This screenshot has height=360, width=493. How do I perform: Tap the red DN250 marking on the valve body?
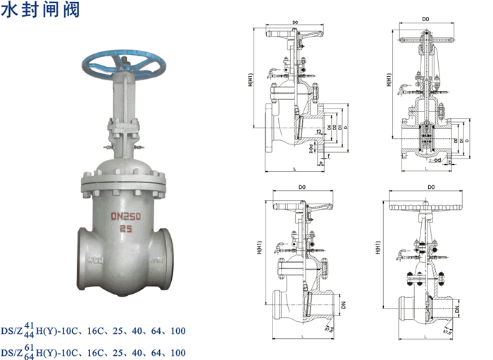click(x=129, y=217)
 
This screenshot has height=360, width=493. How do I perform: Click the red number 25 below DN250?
click(x=127, y=230)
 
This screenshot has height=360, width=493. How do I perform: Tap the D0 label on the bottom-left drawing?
click(x=301, y=187)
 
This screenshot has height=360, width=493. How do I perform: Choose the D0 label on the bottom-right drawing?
click(x=430, y=187)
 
